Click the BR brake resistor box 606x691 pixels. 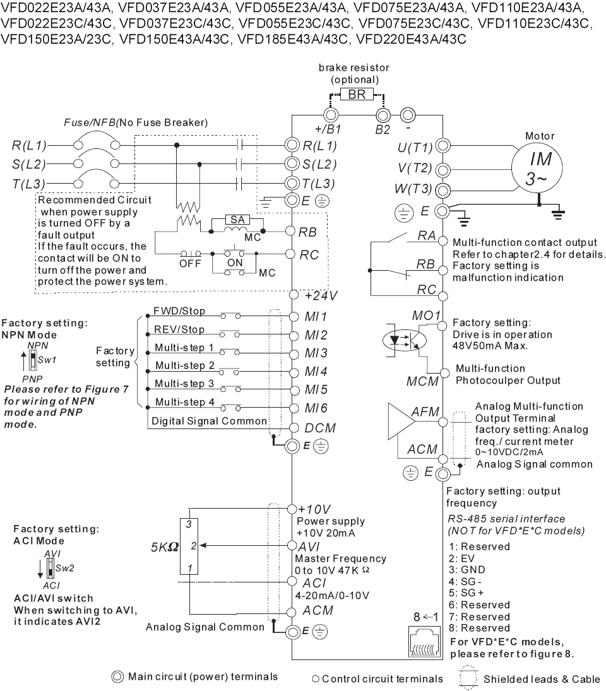tap(357, 94)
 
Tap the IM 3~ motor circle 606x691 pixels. tap(537, 168)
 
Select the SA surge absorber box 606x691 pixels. tap(237, 220)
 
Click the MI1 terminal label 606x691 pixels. tap(316, 316)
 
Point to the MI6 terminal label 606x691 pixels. tap(316, 408)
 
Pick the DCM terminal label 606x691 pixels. tap(320, 428)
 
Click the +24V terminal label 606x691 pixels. tap(321, 295)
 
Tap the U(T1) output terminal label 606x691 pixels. tap(415, 147)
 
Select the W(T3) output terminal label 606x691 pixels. tap(413, 189)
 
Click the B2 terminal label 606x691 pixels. tap(383, 129)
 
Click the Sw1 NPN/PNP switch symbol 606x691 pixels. tap(33, 360)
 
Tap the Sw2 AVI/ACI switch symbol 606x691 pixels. tap(50, 569)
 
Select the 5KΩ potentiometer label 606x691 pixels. tap(165, 547)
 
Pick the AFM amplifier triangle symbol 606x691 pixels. tap(401, 422)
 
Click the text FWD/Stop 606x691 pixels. tap(179, 311)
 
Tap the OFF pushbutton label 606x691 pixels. tap(190, 264)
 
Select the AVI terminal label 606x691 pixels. tap(309, 547)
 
